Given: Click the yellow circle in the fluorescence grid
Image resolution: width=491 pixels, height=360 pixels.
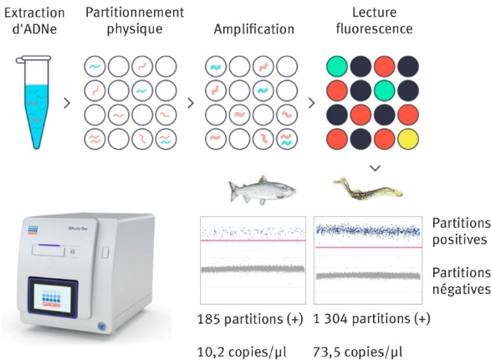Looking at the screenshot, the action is (407, 139).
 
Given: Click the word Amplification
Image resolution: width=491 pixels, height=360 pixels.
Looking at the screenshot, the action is (254, 29).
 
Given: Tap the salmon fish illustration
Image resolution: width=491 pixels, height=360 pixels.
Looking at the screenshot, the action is (263, 190).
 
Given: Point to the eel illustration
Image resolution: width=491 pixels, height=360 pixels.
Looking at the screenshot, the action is (368, 188).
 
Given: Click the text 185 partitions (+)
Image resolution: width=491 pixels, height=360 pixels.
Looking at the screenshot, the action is (250, 319).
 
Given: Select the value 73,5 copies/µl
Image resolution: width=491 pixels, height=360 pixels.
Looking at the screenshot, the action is (358, 352).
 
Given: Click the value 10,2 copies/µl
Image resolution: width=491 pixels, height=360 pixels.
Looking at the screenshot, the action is (242, 352).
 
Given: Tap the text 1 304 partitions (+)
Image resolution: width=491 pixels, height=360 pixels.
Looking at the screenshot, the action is (371, 319).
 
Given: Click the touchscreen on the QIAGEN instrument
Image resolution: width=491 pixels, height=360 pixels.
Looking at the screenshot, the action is (53, 298).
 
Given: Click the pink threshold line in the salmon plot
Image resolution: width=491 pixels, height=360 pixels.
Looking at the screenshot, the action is (253, 240).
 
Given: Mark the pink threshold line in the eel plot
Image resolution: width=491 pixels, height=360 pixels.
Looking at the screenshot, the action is (368, 247).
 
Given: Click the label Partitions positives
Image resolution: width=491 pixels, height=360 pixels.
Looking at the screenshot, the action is (462, 232).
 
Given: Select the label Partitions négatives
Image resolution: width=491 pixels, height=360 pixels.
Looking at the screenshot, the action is (462, 280).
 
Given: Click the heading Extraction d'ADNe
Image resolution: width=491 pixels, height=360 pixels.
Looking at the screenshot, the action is (34, 21).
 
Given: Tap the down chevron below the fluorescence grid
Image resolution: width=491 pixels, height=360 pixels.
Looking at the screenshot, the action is (375, 168).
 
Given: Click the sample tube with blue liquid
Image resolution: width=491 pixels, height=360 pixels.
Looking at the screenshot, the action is (34, 102).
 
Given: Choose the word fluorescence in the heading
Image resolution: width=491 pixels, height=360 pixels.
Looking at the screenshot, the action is (374, 28).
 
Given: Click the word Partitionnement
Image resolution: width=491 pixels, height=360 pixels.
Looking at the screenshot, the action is (135, 13).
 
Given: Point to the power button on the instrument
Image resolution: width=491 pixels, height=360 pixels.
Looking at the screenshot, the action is (102, 327).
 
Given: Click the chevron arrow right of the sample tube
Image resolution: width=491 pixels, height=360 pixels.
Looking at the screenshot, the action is (67, 103).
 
